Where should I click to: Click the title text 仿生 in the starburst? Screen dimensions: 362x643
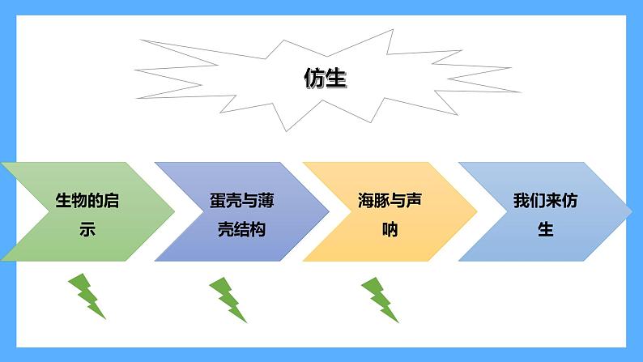coord(325,79)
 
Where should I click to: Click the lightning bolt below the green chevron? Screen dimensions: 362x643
coord(87,296)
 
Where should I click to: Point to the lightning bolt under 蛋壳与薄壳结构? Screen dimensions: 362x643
coord(228,299)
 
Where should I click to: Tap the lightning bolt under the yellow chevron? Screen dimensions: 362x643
coord(379,299)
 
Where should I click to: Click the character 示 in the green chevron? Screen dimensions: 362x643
coord(87,229)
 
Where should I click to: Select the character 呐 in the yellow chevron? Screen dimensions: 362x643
coord(390,229)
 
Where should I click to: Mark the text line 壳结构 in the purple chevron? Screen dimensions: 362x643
coord(242,229)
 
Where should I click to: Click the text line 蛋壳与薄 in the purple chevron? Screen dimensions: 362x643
coord(242,201)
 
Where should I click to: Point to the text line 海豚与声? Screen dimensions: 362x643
coord(390,201)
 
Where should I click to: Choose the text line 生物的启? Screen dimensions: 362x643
coord(87,201)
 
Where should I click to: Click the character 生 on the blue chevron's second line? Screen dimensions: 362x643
coord(545,229)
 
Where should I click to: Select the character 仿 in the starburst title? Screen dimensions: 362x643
coord(314,79)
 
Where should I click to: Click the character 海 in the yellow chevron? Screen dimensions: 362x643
coord(367,201)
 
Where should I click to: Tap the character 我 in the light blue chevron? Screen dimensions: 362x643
coord(522,201)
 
